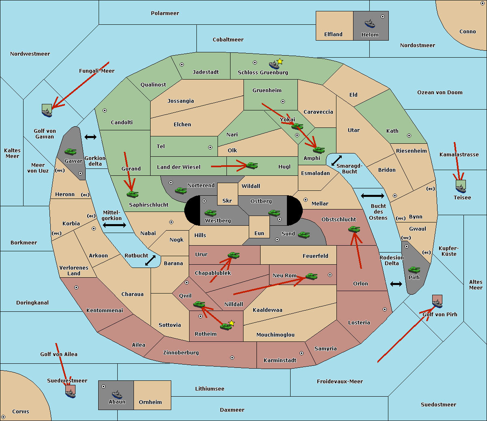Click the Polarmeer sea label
165,13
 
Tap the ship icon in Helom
369,23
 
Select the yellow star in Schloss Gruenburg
280,61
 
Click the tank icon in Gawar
70,152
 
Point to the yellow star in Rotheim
231,323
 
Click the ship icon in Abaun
117,394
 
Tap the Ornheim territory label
150,402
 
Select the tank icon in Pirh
414,270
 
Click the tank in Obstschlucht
354,229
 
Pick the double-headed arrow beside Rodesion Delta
396,284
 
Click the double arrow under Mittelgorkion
114,225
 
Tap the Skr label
227,201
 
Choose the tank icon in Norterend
181,190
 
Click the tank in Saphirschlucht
132,194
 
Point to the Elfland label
333,35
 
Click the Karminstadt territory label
280,361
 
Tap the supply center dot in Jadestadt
182,64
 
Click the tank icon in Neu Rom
311,276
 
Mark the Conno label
468,32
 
